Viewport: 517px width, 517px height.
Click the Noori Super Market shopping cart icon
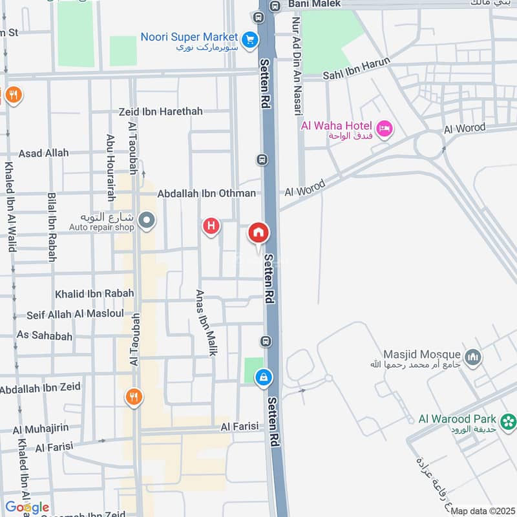[248, 38]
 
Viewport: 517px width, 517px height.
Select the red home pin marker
[258, 233]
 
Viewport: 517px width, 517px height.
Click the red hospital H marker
[211, 226]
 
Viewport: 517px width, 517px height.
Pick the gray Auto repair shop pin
[147, 221]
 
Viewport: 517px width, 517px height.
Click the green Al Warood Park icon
[509, 422]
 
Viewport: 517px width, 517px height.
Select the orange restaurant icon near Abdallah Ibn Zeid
[133, 397]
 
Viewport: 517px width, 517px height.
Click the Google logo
[27, 507]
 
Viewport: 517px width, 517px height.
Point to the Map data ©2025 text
[482, 511]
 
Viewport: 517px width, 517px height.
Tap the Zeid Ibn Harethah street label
[161, 111]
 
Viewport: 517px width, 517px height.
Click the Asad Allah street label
[43, 153]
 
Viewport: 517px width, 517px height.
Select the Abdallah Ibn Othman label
[206, 193]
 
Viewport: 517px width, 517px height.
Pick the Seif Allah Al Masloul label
[75, 314]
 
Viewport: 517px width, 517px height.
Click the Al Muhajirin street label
[44, 429]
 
